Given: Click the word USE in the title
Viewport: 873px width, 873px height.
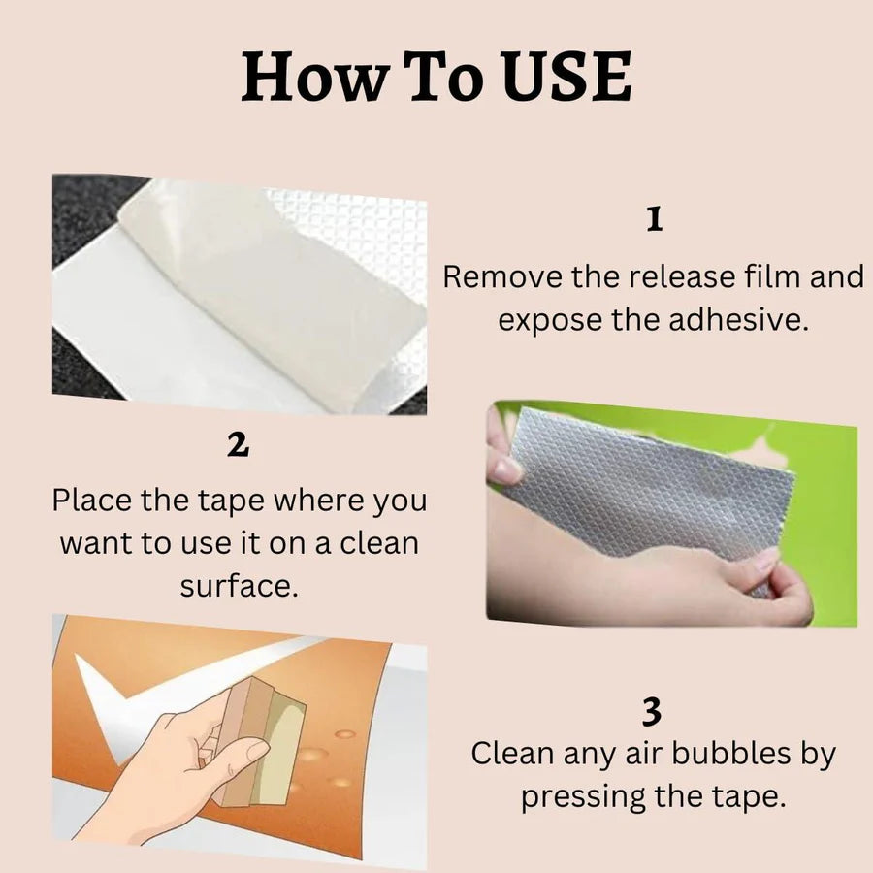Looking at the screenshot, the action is click(x=566, y=77).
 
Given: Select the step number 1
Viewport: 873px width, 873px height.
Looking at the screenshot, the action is click(x=655, y=219).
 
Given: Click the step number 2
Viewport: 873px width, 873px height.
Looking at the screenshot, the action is click(x=238, y=445).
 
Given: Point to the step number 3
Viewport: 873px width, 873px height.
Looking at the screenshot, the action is click(x=652, y=712).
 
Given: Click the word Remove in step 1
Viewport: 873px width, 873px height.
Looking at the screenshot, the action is click(x=502, y=276).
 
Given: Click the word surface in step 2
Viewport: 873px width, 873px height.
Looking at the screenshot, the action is click(x=239, y=586).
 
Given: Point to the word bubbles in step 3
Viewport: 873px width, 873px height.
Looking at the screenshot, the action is click(x=729, y=754).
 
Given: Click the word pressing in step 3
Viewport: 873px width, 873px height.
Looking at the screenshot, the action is click(x=582, y=796).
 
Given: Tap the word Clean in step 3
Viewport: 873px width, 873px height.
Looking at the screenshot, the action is click(x=512, y=754).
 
